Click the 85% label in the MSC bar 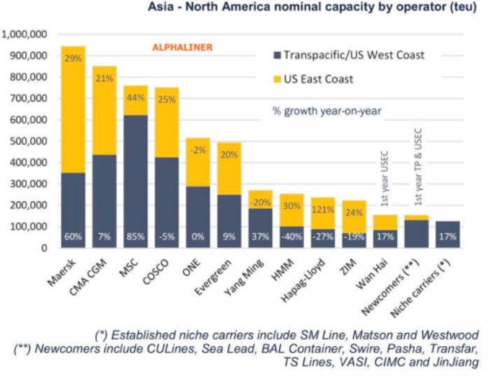pyautogui.click(x=136, y=237)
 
